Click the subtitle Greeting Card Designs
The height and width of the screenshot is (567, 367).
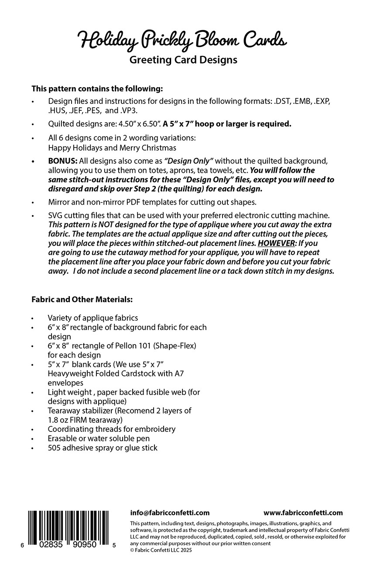tap(183, 60)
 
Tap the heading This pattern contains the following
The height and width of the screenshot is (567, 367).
tap(97, 88)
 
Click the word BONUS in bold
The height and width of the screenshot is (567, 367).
tap(62, 161)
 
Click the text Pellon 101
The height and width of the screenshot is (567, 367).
tap(134, 345)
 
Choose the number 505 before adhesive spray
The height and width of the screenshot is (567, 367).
tap(54, 447)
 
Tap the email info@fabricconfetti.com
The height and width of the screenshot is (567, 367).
tap(170, 512)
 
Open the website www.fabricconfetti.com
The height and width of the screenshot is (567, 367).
tap(303, 512)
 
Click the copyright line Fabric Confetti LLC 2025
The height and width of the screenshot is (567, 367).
tap(163, 550)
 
